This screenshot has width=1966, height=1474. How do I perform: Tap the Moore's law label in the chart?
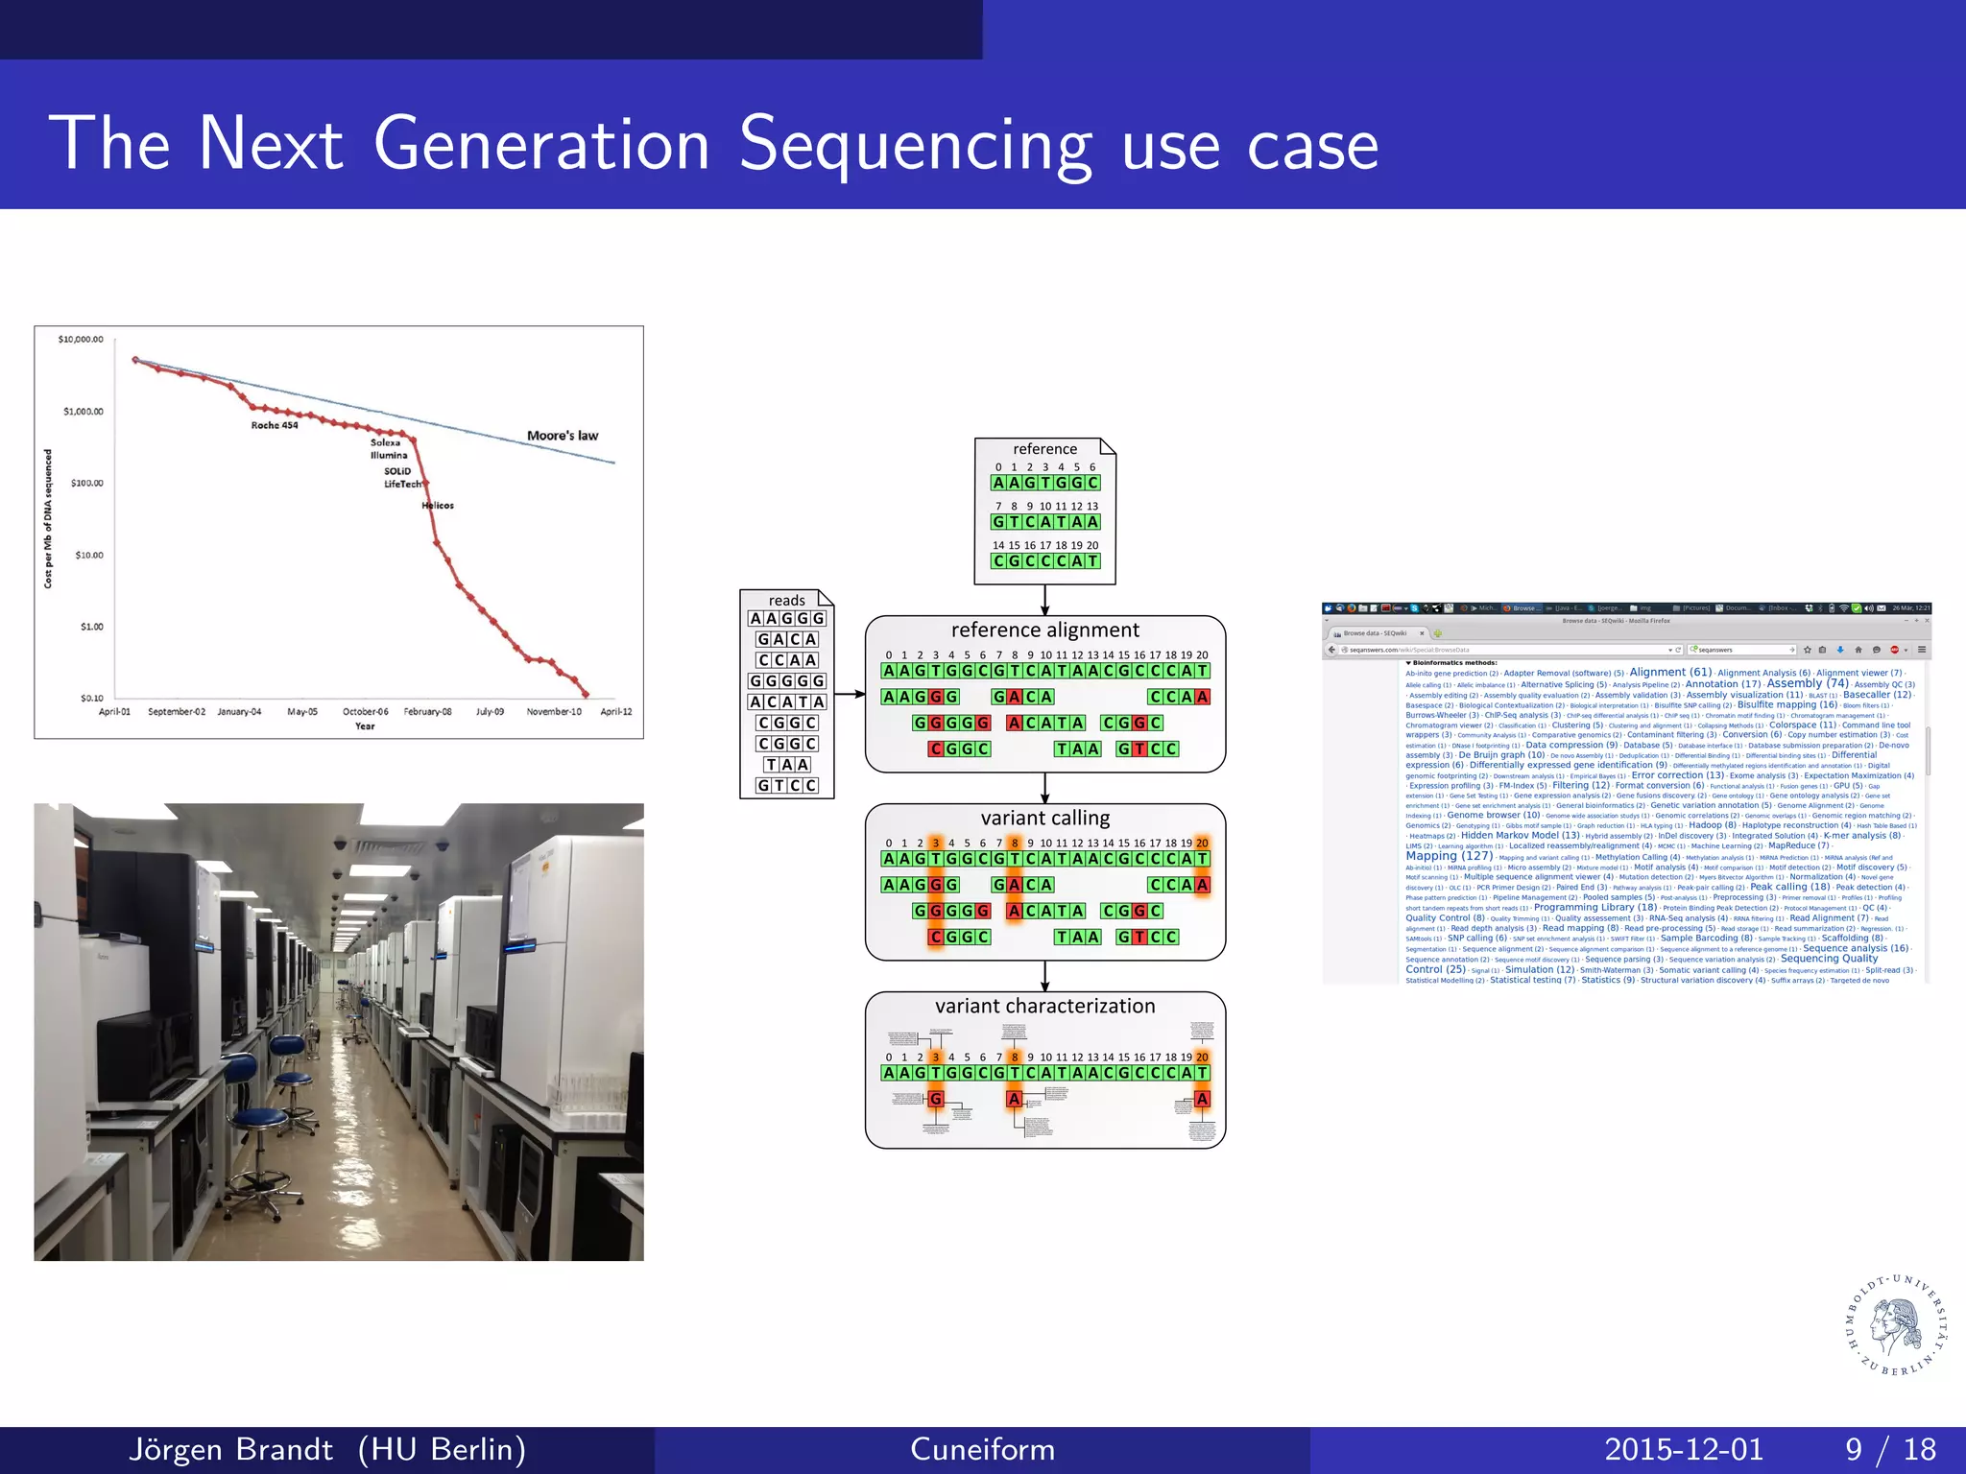[562, 436]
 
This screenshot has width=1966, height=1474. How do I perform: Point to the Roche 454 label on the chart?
[275, 425]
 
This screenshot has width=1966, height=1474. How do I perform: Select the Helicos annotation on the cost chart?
[438, 506]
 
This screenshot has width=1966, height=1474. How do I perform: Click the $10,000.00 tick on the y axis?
[81, 340]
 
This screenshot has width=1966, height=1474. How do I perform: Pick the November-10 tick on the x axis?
[554, 712]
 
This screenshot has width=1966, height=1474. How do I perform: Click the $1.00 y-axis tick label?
[91, 627]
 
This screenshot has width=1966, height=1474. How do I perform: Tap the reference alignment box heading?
[1044, 630]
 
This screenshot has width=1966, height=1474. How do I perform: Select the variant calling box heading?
[1044, 819]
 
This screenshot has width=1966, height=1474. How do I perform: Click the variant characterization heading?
[1044, 1007]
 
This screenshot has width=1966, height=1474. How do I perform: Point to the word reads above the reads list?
[786, 601]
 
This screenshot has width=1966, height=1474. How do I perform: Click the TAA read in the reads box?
[787, 765]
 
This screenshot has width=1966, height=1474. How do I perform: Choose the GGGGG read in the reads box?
[787, 681]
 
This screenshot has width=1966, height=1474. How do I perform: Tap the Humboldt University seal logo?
[1897, 1325]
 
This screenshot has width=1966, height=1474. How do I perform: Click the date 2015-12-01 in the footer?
[1684, 1449]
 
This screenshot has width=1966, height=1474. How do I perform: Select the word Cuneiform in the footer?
[982, 1449]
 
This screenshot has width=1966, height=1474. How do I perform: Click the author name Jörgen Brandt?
[230, 1449]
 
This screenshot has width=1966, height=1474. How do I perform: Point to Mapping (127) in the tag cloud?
[1449, 856]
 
